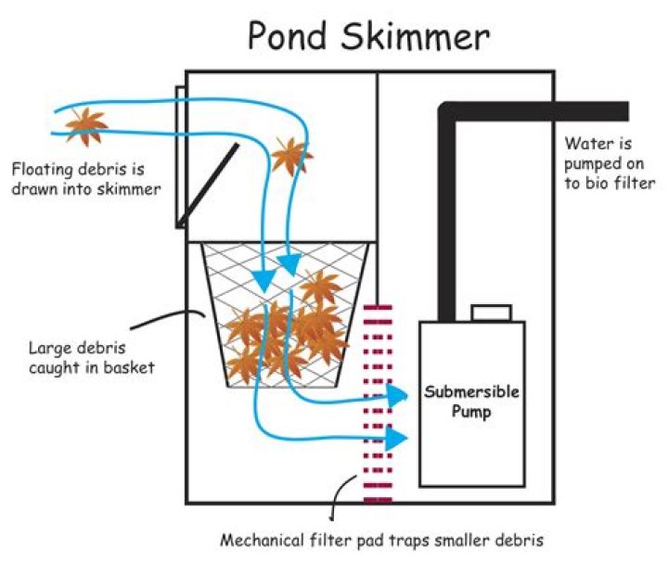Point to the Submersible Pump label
tap(471, 402)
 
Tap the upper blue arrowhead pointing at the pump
tap(398, 396)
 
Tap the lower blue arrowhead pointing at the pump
tap(397, 439)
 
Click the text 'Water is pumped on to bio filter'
tap(609, 163)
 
